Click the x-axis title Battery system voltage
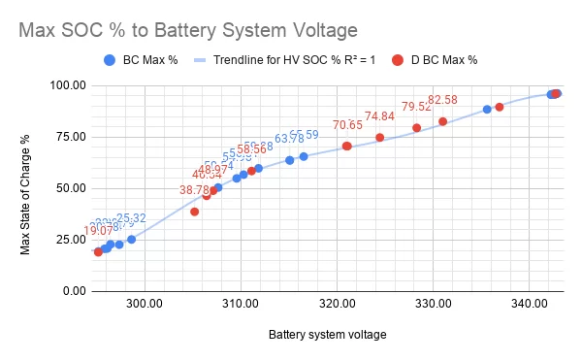coord(327,335)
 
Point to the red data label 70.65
coord(347,125)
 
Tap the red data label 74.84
coord(379,116)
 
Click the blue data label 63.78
coord(289,139)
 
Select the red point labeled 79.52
coord(416,128)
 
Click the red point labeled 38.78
coord(194,212)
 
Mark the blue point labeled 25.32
coord(131,239)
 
